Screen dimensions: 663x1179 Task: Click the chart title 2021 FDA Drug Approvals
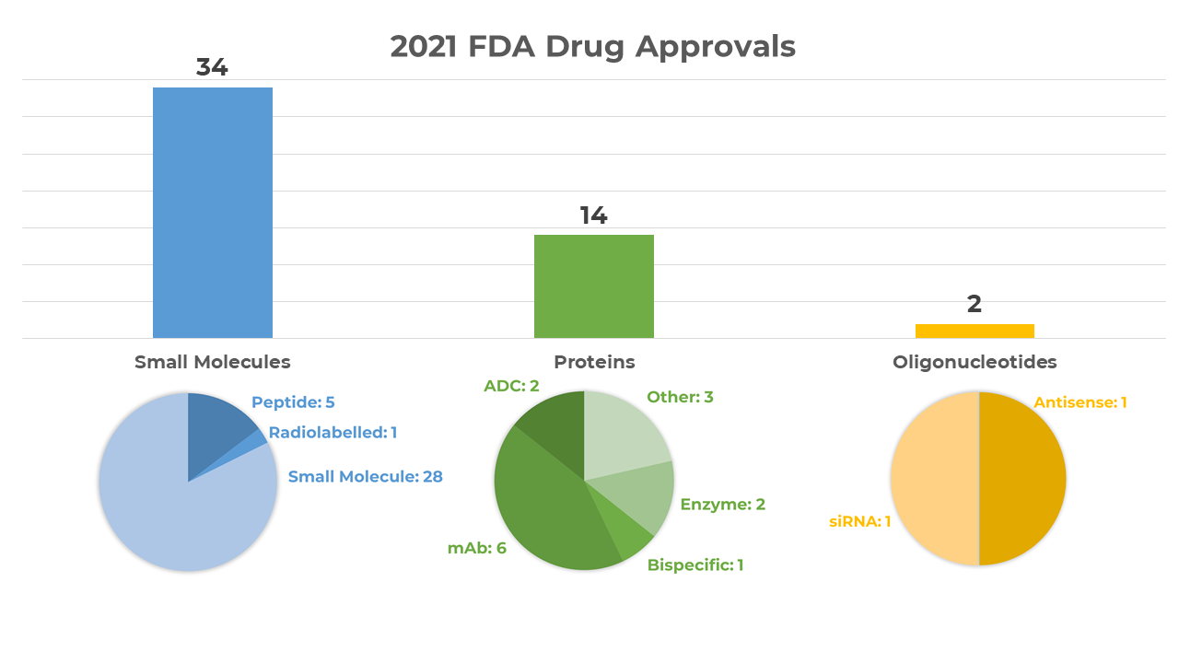pos(592,46)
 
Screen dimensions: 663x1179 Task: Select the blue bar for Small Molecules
pos(213,213)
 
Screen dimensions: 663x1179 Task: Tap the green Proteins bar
pos(594,286)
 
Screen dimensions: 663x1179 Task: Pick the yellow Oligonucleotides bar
pos(975,331)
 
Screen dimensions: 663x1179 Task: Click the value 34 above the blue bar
pos(212,67)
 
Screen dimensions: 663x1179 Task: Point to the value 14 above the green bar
pos(593,215)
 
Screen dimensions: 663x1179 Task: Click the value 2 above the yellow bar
pos(975,304)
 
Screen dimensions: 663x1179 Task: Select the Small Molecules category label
pos(212,362)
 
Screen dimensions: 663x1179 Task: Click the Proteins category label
pos(594,362)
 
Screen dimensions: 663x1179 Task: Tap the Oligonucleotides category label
pos(975,362)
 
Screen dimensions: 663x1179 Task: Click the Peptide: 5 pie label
pos(293,402)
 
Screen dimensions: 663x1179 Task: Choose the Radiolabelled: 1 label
pos(333,432)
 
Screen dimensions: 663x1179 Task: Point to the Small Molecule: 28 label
pos(365,476)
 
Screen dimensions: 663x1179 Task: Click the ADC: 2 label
pos(511,386)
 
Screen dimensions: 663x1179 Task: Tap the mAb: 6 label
pos(477,548)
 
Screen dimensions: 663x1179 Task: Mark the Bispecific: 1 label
pos(695,564)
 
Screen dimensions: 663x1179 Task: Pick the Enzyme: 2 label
pos(722,504)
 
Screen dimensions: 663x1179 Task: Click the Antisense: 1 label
pos(1080,402)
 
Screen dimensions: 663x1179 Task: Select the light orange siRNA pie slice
pos(932,479)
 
